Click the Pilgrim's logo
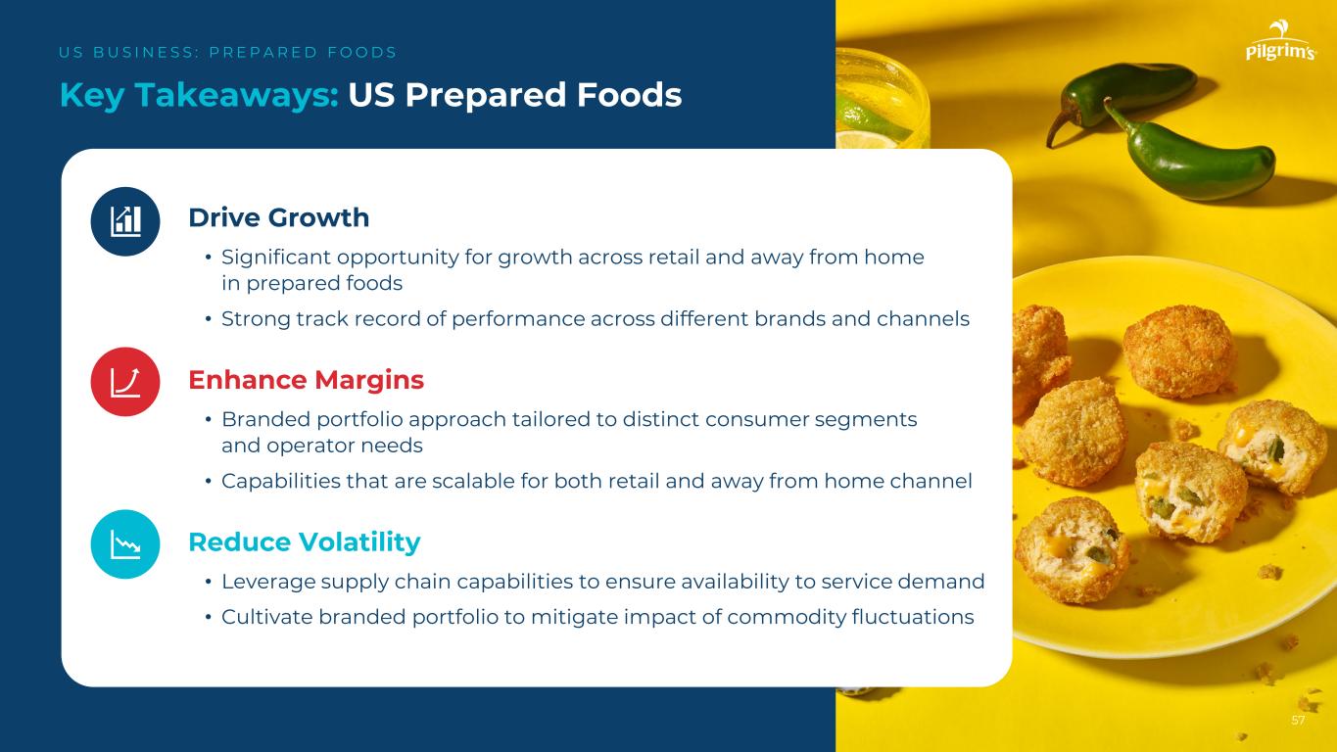(1281, 40)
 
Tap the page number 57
(1298, 721)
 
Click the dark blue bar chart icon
(125, 221)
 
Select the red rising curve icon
(125, 382)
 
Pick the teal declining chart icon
(125, 544)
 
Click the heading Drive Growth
(279, 217)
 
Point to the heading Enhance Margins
(307, 380)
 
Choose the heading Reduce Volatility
(305, 542)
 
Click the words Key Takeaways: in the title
(200, 96)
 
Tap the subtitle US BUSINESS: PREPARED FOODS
(227, 53)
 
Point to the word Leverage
(268, 582)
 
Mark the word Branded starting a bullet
(265, 419)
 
